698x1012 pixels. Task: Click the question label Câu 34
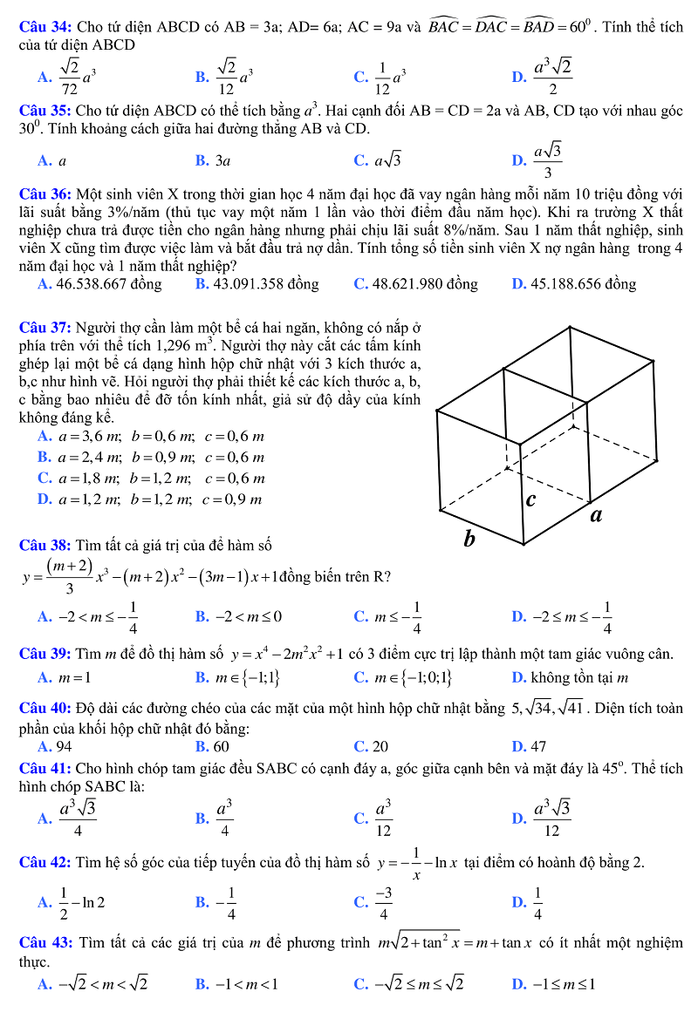pos(44,28)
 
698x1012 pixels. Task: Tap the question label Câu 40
pos(44,708)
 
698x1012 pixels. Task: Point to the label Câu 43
pos(44,943)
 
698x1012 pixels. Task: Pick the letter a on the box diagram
pos(597,514)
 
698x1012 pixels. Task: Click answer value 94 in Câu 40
pos(64,746)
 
